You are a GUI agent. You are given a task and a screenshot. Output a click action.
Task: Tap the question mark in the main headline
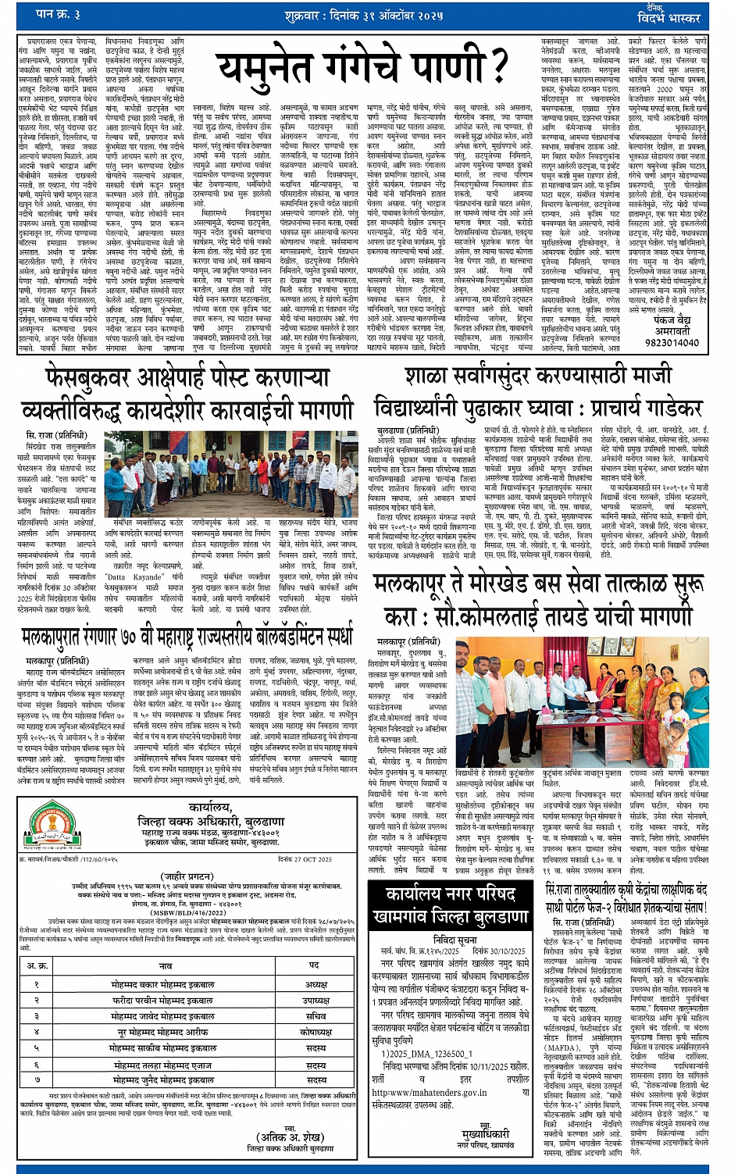(x=493, y=68)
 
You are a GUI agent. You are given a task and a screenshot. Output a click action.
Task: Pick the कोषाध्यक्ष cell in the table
(x=316, y=1032)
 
